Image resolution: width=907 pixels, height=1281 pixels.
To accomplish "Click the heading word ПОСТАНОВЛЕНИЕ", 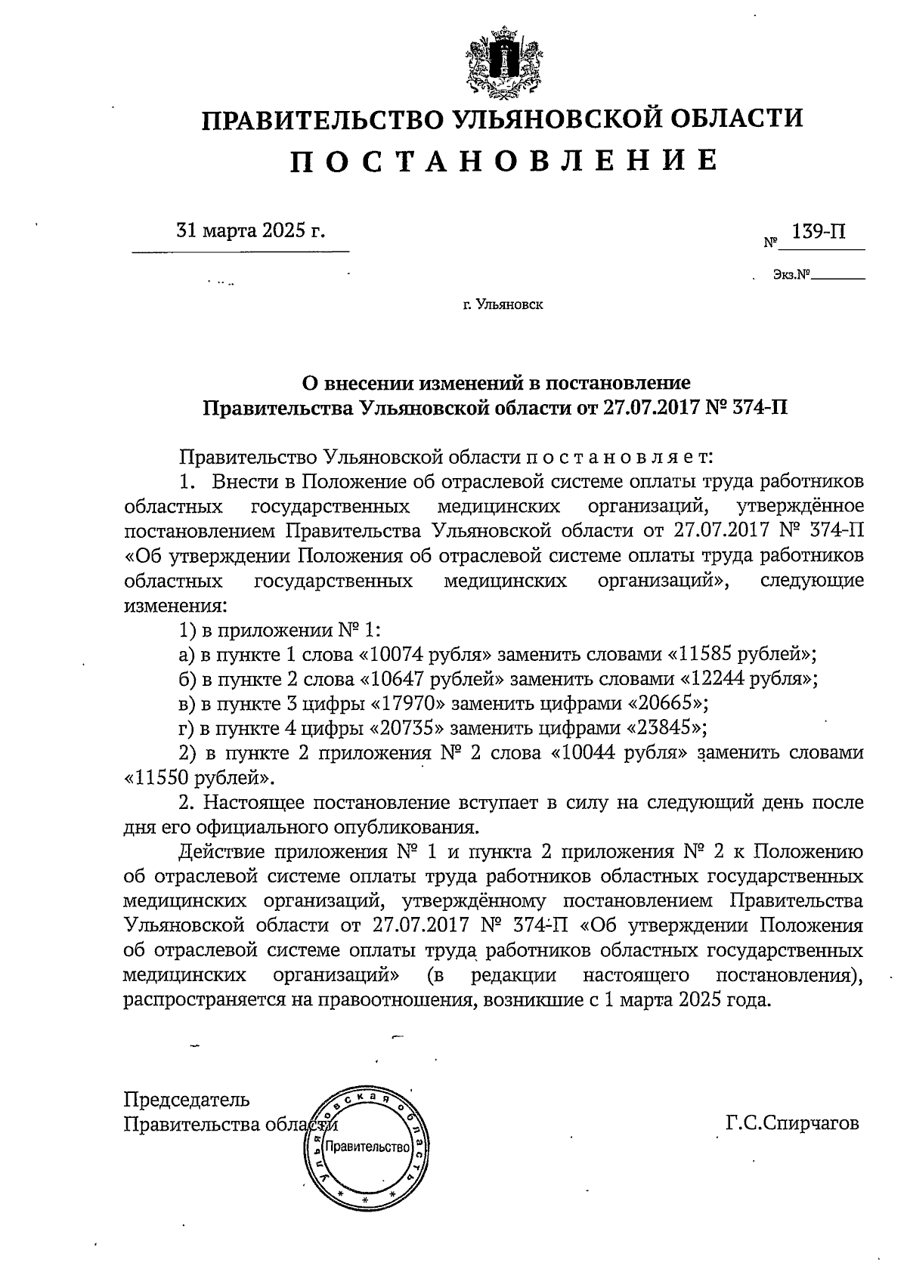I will point(503,161).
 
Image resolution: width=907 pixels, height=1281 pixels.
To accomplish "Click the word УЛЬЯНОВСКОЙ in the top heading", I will point(543,119).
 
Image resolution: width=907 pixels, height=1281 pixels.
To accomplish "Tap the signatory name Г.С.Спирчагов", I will point(791,1123).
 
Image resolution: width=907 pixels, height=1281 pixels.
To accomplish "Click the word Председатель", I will point(187,1099).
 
